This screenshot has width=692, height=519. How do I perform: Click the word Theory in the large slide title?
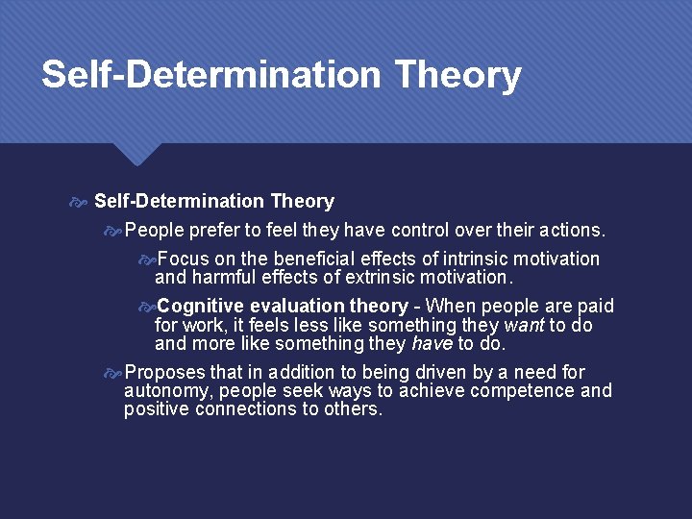coord(457,75)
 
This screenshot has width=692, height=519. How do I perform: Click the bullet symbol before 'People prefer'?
coord(113,231)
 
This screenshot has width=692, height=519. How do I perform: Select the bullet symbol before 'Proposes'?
coord(113,372)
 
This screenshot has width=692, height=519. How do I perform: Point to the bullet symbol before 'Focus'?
coord(146,259)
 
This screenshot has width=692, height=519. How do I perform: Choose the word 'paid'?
coord(596,307)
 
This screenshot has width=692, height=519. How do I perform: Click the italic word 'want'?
coord(524,325)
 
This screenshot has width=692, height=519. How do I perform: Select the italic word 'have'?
coord(432,343)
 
